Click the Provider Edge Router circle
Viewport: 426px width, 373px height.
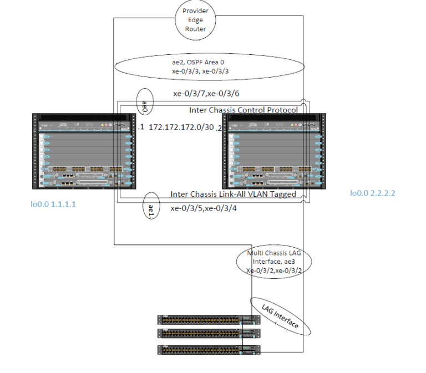[195, 20]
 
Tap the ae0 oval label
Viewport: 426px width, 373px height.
[144, 103]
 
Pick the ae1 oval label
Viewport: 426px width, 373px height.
[151, 208]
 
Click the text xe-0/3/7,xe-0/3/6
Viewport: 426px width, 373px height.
[208, 94]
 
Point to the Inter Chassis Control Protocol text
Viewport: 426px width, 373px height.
[244, 110]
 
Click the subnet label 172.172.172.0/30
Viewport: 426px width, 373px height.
[181, 127]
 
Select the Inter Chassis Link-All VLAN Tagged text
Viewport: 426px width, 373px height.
[234, 194]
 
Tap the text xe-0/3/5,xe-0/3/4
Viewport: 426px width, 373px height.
[206, 209]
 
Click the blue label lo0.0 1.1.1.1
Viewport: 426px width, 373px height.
[53, 204]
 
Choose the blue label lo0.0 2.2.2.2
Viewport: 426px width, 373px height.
[372, 193]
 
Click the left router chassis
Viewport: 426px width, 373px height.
[84, 151]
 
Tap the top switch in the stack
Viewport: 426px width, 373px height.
[208, 319]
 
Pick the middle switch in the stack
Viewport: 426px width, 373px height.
[208, 333]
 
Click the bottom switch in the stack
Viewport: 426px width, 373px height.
[208, 349]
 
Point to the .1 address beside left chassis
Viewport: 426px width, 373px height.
[141, 127]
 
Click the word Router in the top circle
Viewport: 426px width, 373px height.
[195, 29]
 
